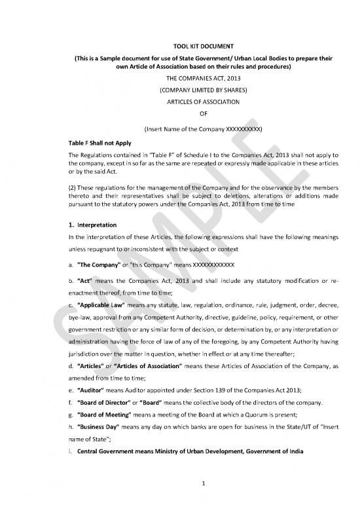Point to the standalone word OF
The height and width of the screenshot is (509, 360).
click(180, 114)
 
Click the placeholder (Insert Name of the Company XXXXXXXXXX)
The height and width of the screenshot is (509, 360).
click(180, 128)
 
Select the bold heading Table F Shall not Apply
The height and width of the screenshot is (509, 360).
click(101, 141)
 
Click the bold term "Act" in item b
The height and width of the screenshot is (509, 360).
click(84, 281)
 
